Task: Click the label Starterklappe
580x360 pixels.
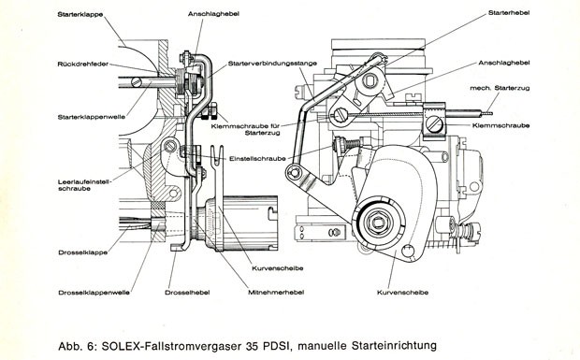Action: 80,15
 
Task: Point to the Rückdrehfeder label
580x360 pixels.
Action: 83,64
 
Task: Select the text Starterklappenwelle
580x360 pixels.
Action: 92,117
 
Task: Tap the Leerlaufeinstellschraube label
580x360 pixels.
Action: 84,185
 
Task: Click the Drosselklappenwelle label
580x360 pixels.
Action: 94,293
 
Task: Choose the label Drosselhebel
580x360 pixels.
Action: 187,293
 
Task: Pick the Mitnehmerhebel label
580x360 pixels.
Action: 276,292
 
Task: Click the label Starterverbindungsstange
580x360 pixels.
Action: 272,64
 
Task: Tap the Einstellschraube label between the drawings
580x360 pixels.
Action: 257,159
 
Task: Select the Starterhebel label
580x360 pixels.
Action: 509,12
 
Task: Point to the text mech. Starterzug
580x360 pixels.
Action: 500,88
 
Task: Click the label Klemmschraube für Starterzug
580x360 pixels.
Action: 246,129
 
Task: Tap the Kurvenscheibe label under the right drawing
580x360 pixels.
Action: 402,293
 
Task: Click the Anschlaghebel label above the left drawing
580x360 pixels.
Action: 213,14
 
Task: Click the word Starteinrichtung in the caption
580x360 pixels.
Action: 395,346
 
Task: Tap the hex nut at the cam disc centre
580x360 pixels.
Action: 377,222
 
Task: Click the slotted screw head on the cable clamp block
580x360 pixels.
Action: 434,123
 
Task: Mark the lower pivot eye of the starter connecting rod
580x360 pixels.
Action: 294,172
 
